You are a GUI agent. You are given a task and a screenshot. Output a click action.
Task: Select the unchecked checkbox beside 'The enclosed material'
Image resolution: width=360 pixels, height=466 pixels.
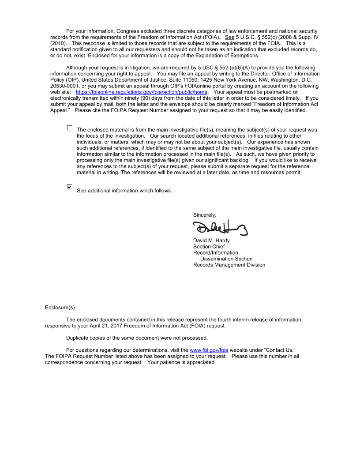pos(69,128)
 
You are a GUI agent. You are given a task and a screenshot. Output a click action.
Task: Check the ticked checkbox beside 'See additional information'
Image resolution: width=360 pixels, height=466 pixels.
pos(69,187)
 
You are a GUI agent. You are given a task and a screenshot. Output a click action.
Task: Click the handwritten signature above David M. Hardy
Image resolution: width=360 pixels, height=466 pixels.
pos(220,228)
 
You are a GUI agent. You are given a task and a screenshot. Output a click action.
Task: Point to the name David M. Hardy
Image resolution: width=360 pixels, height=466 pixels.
pos(211,241)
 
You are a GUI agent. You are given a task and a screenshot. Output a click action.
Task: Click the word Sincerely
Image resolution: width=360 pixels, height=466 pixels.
pos(205,215)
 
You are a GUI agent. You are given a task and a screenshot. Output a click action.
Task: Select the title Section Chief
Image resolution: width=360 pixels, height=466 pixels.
pos(209,247)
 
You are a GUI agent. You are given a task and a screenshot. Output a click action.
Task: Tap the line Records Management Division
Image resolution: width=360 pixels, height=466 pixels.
pos(229,265)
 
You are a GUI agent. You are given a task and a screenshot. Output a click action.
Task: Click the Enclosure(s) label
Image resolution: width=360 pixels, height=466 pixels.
pos(60,307)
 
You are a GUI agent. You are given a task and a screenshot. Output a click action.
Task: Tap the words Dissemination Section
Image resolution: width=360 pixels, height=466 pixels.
pos(226,259)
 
